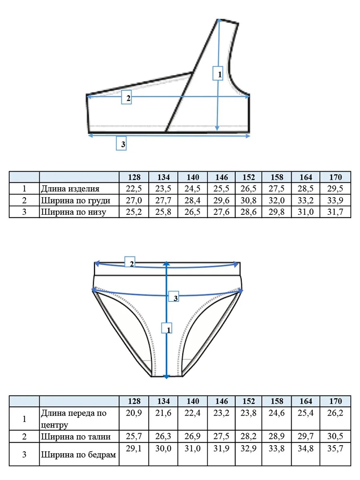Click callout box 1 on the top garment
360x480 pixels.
[218, 73]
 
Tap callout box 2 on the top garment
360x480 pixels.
[126, 97]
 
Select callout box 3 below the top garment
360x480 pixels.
[121, 143]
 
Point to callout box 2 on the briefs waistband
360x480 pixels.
[130, 262]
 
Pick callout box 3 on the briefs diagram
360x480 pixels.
[174, 296]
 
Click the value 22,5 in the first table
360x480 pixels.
[134, 188]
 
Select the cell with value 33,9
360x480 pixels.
[335, 200]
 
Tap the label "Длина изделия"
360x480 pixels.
[70, 189]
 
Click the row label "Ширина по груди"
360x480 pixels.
[76, 200]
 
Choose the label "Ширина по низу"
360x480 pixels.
[74, 212]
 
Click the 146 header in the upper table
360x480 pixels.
[222, 177]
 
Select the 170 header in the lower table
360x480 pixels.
[335, 401]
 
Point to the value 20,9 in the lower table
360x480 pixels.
[134, 413]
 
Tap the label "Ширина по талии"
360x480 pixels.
[76, 437]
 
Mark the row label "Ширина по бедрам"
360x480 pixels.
[78, 455]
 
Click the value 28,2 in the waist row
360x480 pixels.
[248, 436]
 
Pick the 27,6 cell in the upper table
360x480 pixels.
[221, 212]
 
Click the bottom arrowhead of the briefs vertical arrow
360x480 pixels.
[166, 376]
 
